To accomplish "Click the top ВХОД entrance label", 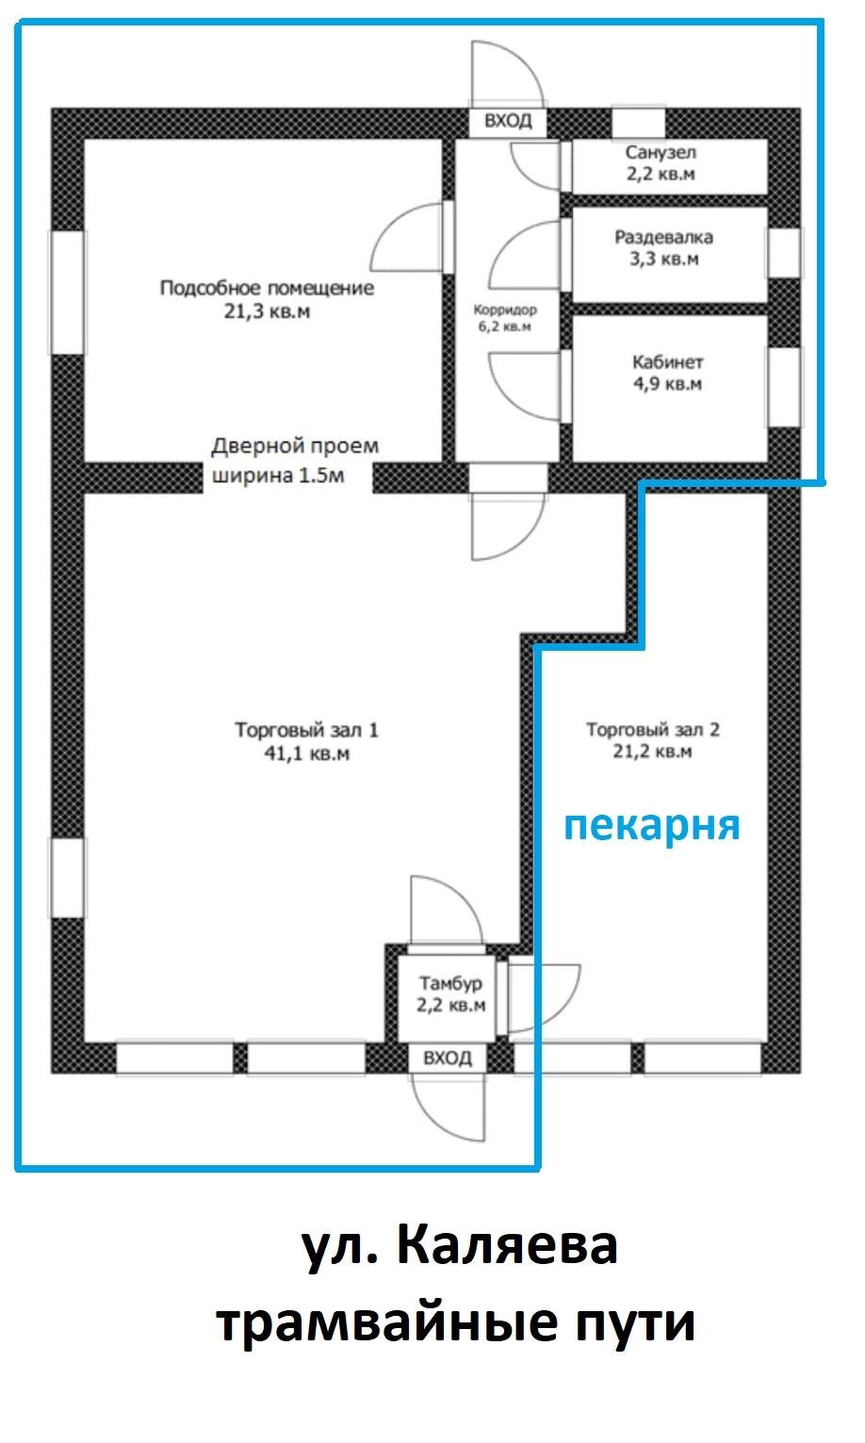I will click(508, 122).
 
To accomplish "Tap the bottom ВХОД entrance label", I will click(448, 1058).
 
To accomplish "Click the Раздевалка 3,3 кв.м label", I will click(663, 248).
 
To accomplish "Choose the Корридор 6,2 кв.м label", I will click(504, 318).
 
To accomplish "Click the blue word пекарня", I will click(651, 825).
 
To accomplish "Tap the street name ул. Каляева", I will click(460, 1246).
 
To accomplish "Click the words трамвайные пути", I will click(456, 1322).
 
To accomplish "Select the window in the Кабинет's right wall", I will click(784, 386).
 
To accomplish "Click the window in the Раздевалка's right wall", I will click(784, 252).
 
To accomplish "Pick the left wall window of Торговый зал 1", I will click(67, 877).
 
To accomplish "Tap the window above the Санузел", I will click(638, 123).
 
